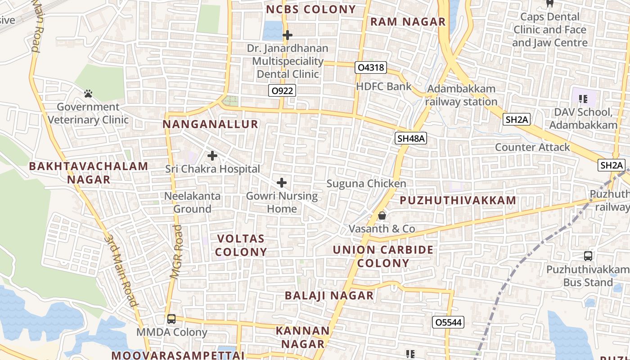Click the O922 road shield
coord(283,91)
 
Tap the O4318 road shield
coord(371,67)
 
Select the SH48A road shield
coord(411,138)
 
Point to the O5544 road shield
coord(448,322)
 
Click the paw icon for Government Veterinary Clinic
coord(88,94)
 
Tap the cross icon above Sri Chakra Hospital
coord(212,156)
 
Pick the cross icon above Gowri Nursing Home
coord(282,183)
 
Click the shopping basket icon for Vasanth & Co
coord(382,216)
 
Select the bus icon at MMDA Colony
coord(171,319)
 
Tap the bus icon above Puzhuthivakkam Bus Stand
coord(588,256)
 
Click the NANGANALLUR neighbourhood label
coord(211,124)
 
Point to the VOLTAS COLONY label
coord(242,245)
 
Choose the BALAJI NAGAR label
coord(329,296)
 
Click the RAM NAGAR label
coord(408,22)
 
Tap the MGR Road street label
coord(176,252)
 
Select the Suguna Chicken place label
coord(366,184)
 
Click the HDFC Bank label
coord(383,86)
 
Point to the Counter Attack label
coord(532,147)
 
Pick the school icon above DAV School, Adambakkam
coord(584,99)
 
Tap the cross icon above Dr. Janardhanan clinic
coord(288,35)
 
